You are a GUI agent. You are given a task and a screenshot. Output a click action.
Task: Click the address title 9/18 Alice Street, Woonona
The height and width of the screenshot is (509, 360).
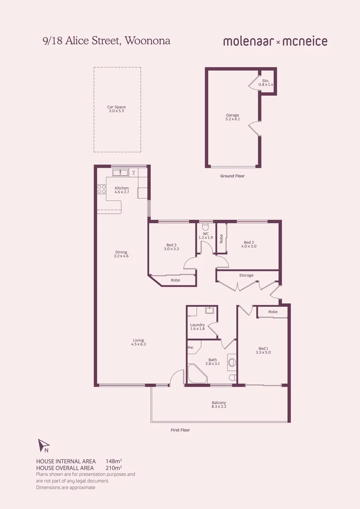tap(106, 41)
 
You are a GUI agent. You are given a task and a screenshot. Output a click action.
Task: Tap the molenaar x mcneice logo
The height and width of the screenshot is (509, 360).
tap(275, 41)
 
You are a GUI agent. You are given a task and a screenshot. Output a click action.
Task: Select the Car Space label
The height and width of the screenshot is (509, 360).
tap(116, 109)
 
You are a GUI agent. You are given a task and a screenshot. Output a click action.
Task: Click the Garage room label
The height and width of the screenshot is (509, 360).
tap(232, 117)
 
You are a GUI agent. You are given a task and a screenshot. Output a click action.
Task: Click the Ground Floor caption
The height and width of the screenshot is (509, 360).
tap(232, 176)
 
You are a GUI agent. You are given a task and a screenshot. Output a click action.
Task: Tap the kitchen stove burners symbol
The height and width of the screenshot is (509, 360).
tap(101, 189)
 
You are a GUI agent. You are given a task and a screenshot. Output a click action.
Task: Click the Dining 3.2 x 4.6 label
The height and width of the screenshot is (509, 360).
tap(121, 254)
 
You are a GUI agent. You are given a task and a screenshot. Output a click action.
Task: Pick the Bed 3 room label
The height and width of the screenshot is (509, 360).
tap(171, 246)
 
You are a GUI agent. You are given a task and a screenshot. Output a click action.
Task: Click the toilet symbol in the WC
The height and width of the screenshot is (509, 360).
tap(205, 225)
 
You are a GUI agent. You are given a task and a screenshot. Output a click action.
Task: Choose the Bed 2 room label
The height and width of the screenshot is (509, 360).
tap(249, 244)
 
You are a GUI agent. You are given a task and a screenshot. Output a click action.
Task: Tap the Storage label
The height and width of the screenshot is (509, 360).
tap(246, 275)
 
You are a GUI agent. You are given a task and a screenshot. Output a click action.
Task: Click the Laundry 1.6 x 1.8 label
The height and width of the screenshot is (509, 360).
tap(197, 327)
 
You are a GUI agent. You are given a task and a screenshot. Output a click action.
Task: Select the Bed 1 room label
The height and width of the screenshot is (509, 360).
tap(263, 350)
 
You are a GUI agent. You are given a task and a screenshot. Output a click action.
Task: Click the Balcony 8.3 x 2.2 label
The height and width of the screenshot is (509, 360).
tap(219, 404)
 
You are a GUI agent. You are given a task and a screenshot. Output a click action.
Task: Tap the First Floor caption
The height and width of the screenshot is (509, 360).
tap(180, 430)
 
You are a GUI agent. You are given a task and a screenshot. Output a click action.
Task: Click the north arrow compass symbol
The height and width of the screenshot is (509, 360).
tap(43, 444)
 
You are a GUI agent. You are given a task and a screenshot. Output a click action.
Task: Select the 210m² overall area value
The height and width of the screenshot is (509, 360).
tap(114, 468)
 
